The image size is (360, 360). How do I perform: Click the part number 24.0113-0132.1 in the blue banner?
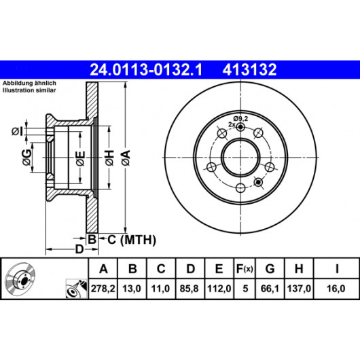coord(146,69)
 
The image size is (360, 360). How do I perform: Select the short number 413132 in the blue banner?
coord(249,69)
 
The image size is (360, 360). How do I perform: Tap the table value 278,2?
coord(103,289)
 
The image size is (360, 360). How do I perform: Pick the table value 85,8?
coord(189,289)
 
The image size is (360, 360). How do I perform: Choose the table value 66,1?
coord(270,289)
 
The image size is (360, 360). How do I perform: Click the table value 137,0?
coord(299,289)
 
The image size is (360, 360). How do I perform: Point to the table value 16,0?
coord(336,289)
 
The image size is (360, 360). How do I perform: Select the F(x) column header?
coord(245,268)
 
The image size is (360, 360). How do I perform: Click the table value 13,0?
coord(132,289)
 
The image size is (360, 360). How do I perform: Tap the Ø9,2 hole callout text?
coord(240,119)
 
